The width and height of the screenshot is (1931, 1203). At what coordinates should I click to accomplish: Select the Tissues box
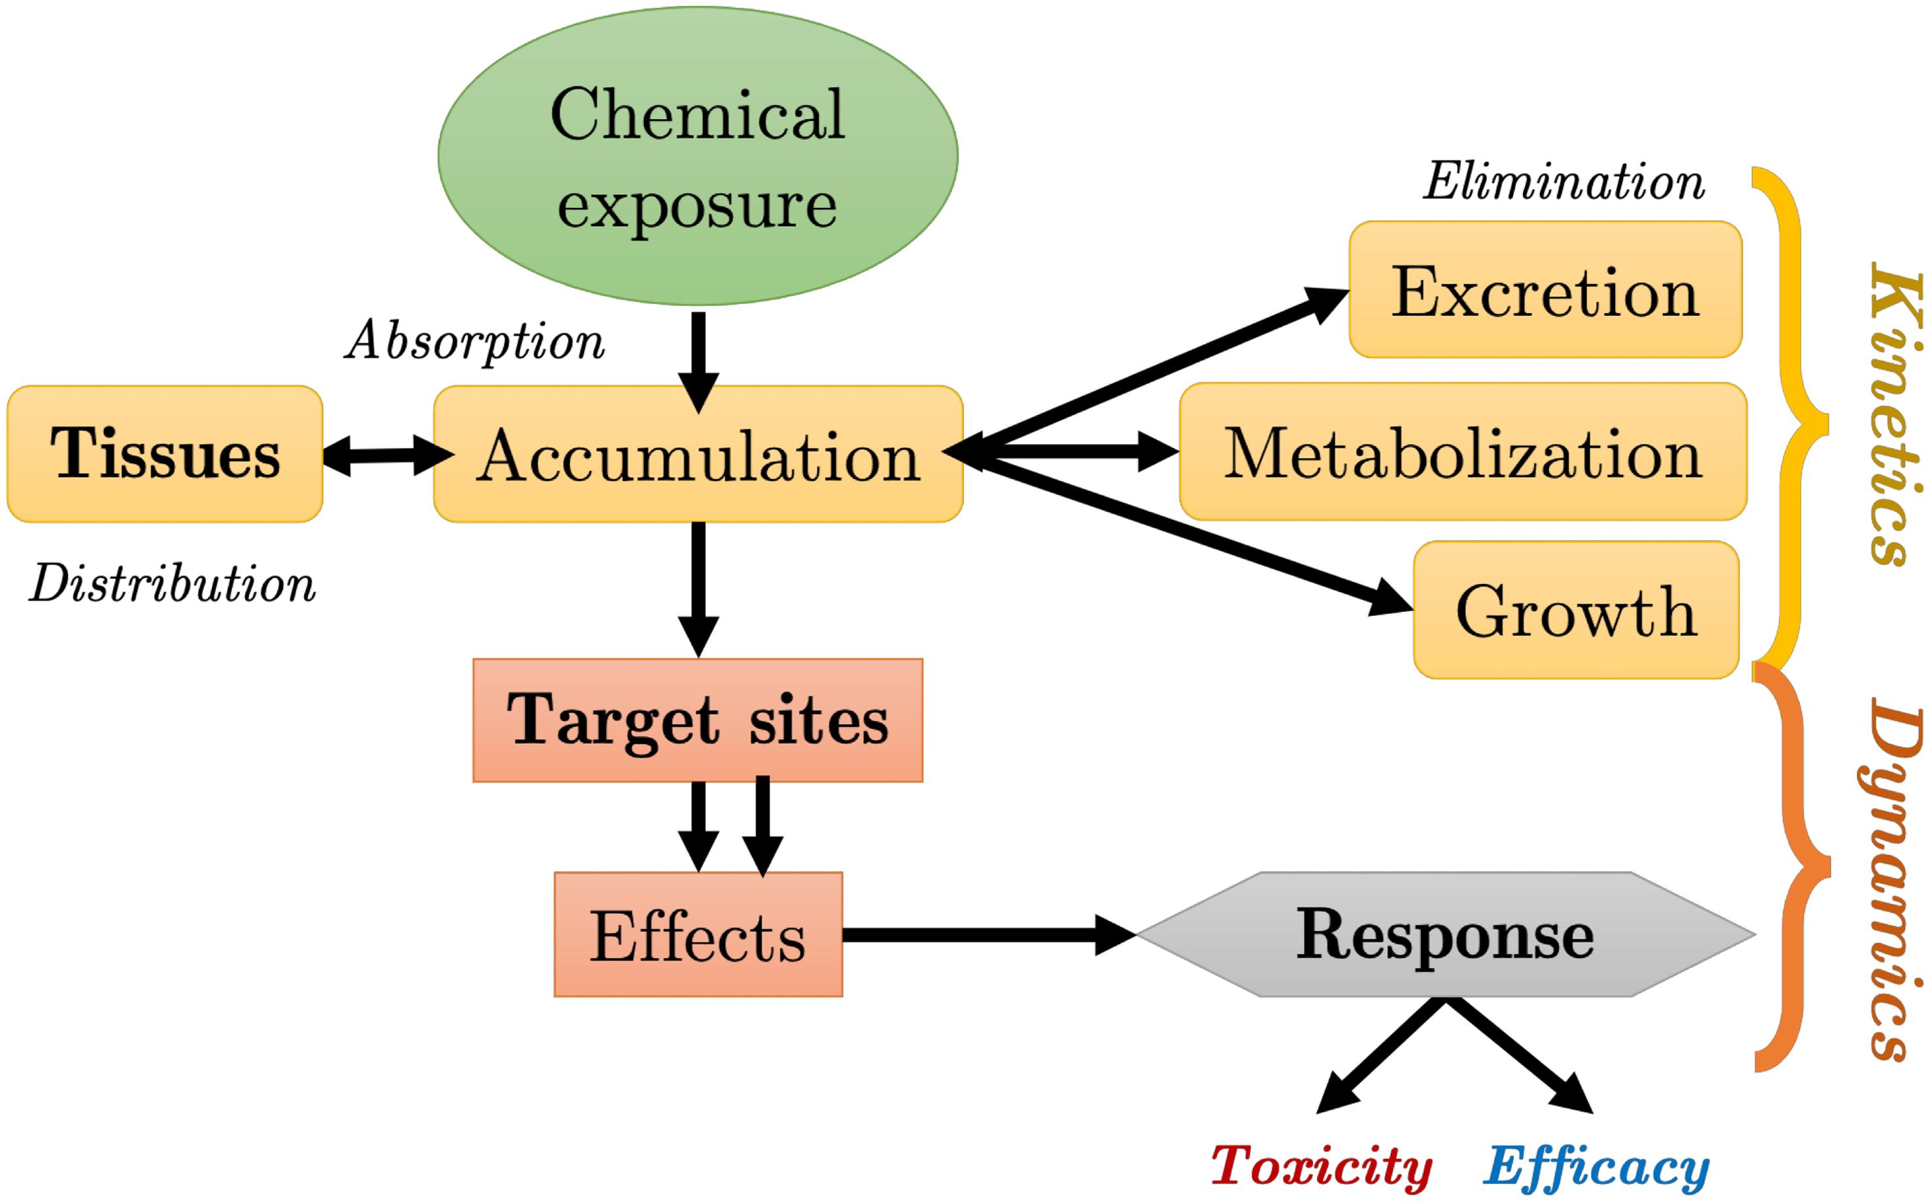tap(165, 454)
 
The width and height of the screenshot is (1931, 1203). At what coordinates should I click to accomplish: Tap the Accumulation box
tap(698, 454)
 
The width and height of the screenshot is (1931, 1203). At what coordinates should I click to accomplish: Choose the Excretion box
tap(1545, 290)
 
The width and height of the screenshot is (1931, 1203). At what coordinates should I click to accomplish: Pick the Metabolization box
tap(1462, 452)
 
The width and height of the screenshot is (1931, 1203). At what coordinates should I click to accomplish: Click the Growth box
tap(1575, 610)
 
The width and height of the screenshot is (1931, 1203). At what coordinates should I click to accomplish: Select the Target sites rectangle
tap(698, 720)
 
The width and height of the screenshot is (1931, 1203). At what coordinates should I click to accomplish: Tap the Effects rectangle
tap(698, 935)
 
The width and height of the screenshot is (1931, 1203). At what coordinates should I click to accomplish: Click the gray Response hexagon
tap(1445, 934)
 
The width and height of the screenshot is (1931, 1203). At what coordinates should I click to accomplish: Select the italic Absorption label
tap(475, 341)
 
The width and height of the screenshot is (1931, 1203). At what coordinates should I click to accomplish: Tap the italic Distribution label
tap(173, 585)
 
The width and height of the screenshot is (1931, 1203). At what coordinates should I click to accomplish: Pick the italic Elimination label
tap(1564, 181)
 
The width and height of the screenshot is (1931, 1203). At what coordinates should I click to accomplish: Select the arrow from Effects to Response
tap(987, 935)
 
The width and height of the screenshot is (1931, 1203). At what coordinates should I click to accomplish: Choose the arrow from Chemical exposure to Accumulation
tap(698, 358)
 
